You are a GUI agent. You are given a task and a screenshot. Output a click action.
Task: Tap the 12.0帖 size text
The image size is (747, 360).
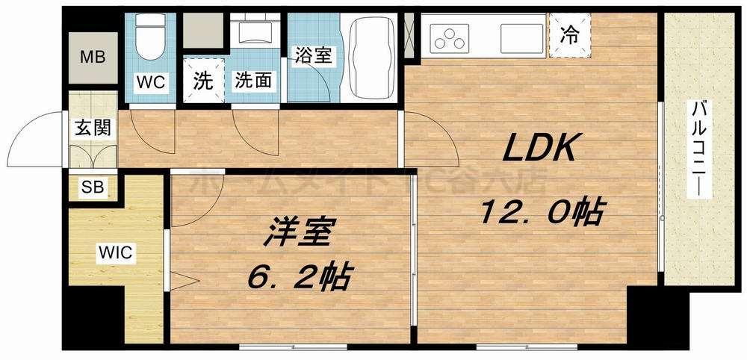point(541,214)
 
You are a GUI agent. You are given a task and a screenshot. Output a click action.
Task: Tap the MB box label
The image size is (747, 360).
point(93,57)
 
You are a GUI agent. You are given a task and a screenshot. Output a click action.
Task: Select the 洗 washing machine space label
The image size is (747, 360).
point(202,81)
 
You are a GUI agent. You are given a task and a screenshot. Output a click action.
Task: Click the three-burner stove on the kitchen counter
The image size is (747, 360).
point(450,37)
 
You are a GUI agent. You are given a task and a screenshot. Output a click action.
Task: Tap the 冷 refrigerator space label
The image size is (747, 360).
point(569,34)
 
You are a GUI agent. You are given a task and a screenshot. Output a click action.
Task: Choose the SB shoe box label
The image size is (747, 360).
point(93,187)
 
